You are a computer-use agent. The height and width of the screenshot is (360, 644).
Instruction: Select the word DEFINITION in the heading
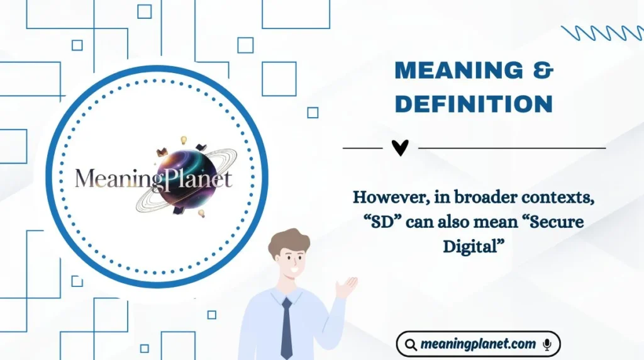[474, 104]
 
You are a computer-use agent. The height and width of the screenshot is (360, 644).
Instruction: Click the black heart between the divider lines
[400, 148]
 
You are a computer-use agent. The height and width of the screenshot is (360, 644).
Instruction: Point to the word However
[384, 197]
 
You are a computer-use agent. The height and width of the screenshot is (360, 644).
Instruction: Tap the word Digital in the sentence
[474, 245]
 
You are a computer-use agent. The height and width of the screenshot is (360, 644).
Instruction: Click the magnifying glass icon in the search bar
[411, 344]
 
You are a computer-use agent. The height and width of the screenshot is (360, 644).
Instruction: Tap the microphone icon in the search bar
[547, 344]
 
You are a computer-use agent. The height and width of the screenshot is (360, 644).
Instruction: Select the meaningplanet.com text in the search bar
[478, 344]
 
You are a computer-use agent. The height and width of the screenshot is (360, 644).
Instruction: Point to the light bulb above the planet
[184, 140]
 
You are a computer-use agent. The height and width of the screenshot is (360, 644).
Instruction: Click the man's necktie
[286, 327]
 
